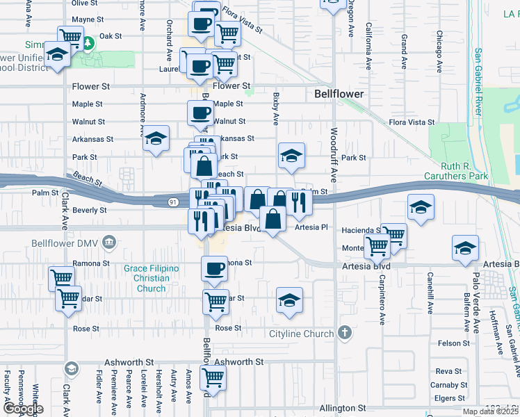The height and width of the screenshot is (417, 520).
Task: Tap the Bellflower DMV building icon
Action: click(x=108, y=243)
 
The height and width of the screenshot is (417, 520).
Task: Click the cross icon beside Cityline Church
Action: click(x=344, y=334)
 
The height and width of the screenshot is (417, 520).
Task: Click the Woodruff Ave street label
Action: click(x=334, y=154)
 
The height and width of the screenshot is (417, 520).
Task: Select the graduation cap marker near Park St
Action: click(x=291, y=156)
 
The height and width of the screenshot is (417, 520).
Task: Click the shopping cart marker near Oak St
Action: click(x=70, y=38)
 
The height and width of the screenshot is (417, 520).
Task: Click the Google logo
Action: click(x=22, y=409)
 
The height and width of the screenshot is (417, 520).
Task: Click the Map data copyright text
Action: click(x=490, y=411)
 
